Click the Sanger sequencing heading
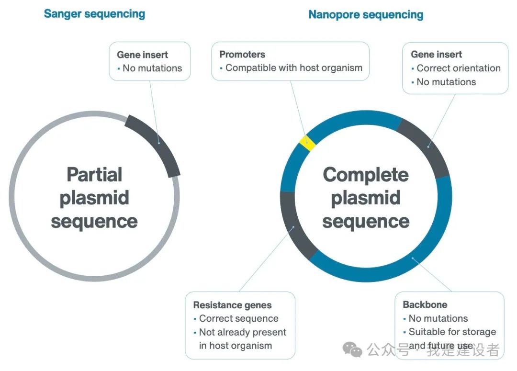tap(94, 13)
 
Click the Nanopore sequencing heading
tap(366, 14)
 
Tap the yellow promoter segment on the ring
tap(307, 143)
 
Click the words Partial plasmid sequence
tap(94, 198)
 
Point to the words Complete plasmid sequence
tap(366, 198)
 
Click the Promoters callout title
tap(242, 54)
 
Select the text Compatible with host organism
tap(293, 68)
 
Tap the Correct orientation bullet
tap(458, 68)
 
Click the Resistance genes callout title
tap(232, 305)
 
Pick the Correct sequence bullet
tap(238, 318)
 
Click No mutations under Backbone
tap(438, 318)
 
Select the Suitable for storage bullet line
tap(452, 332)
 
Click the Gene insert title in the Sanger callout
tap(143, 55)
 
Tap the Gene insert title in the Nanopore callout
tap(437, 54)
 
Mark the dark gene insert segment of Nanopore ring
tap(426, 146)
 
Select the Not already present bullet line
tap(242, 332)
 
